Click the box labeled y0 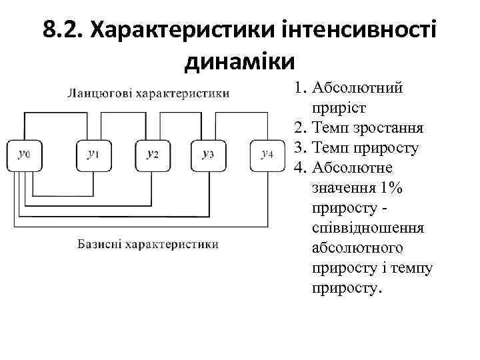tap(24, 155)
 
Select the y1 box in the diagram tap(93, 155)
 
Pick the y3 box tap(207, 155)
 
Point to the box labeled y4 tap(266, 155)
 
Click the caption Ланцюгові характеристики tap(148, 93)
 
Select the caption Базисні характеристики tap(147, 244)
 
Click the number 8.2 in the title tap(61, 31)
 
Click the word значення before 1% tap(341, 188)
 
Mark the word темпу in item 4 tap(414, 268)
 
